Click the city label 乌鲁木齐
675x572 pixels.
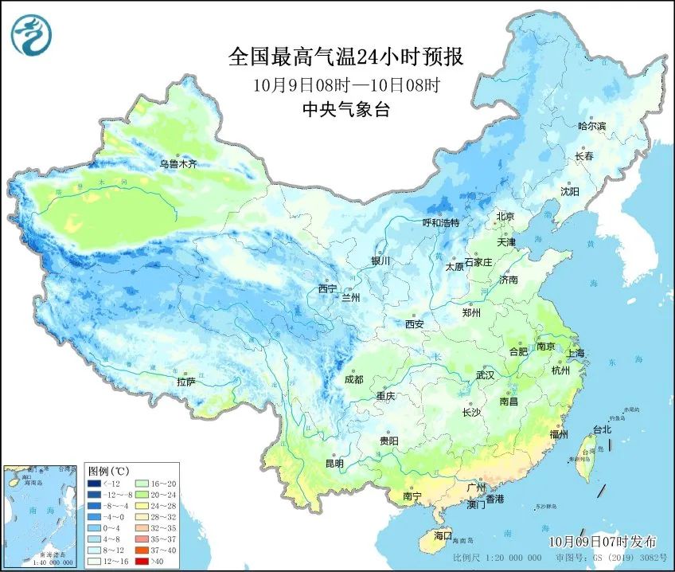pyautogui.click(x=178, y=164)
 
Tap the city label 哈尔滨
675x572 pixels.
pyautogui.click(x=591, y=126)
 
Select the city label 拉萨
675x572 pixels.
pyautogui.click(x=186, y=382)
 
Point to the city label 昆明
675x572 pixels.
pyautogui.click(x=334, y=464)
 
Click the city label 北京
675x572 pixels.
pyautogui.click(x=505, y=217)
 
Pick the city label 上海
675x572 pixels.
pyautogui.click(x=575, y=353)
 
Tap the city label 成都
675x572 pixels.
pyautogui.click(x=353, y=380)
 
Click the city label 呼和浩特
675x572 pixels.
pyautogui.click(x=441, y=223)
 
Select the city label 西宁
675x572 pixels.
pyautogui.click(x=328, y=288)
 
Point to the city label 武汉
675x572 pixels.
pyautogui.click(x=485, y=374)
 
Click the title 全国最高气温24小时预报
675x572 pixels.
pyautogui.click(x=345, y=57)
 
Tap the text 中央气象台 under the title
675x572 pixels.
pyautogui.click(x=345, y=111)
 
